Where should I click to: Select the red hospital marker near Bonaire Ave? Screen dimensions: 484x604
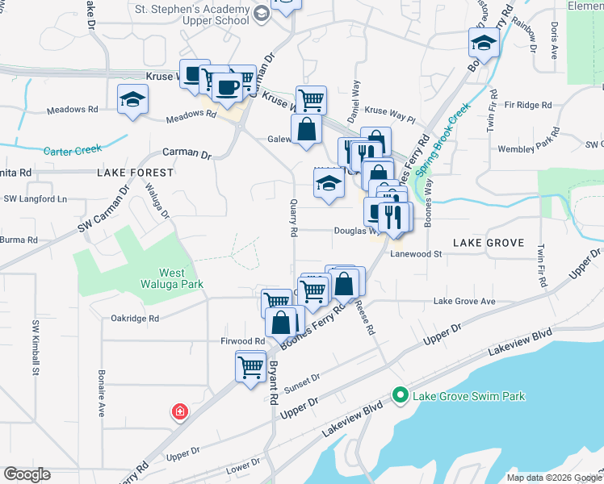click(179, 412)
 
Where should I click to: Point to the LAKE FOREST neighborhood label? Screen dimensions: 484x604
click(136, 173)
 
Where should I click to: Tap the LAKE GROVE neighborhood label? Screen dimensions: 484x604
click(489, 242)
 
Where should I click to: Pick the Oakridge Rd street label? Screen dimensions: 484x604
click(135, 318)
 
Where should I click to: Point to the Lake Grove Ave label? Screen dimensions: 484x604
click(464, 301)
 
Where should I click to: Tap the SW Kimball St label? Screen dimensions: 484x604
click(36, 348)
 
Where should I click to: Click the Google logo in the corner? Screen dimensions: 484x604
click(27, 474)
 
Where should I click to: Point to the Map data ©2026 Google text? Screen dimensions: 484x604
click(553, 478)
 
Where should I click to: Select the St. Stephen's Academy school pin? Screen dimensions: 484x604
click(262, 13)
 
